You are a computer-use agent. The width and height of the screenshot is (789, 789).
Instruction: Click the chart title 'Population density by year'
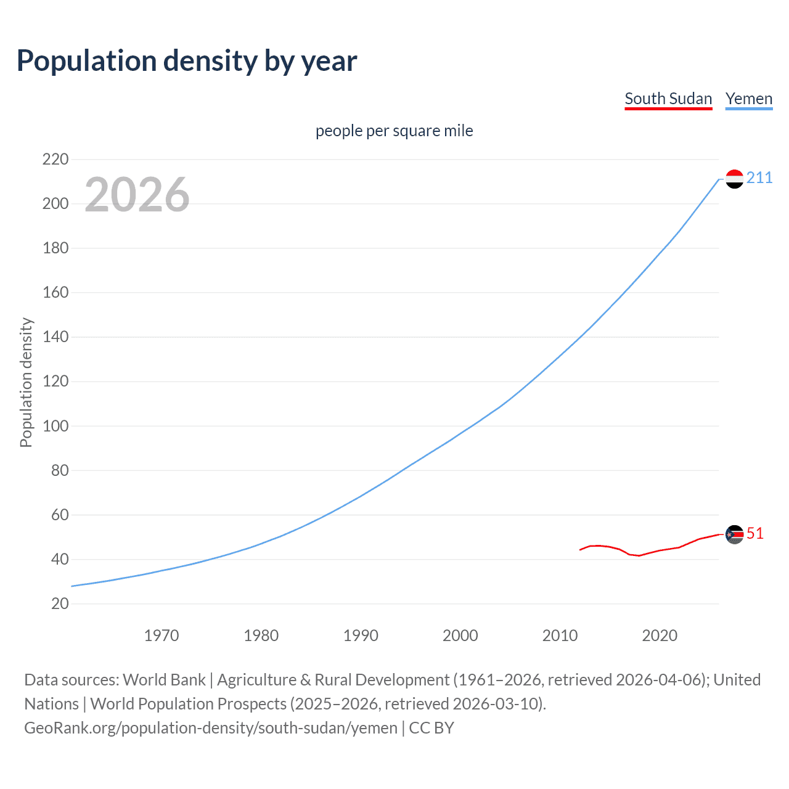187,61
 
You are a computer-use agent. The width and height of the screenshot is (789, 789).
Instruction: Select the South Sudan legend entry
668,99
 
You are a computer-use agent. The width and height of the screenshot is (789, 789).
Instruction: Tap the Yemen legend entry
748,99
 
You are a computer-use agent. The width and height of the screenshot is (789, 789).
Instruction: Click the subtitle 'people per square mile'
394,131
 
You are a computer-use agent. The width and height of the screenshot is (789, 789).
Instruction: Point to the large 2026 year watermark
137,195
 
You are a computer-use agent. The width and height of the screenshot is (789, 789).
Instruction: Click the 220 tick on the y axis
55,160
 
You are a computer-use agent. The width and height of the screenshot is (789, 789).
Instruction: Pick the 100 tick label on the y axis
55,426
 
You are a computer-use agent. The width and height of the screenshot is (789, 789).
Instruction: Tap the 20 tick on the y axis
60,603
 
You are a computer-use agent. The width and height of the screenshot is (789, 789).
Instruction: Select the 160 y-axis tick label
55,292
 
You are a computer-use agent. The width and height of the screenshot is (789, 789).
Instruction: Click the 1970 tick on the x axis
161,636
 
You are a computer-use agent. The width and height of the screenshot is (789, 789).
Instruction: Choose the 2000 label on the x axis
460,636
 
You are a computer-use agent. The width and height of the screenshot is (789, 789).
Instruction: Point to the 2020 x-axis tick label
660,636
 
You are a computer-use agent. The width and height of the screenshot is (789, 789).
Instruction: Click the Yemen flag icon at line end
734,179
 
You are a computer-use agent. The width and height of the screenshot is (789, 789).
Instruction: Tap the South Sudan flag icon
734,534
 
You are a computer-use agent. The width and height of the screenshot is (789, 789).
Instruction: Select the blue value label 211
759,178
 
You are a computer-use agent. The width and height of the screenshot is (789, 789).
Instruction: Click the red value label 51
755,534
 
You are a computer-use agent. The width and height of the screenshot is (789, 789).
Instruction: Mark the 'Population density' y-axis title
26,382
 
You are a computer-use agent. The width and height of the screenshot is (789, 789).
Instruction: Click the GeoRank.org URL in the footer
211,728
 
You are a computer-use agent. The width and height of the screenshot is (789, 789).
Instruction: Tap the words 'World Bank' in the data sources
164,680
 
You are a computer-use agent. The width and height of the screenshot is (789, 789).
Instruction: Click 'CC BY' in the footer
431,728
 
